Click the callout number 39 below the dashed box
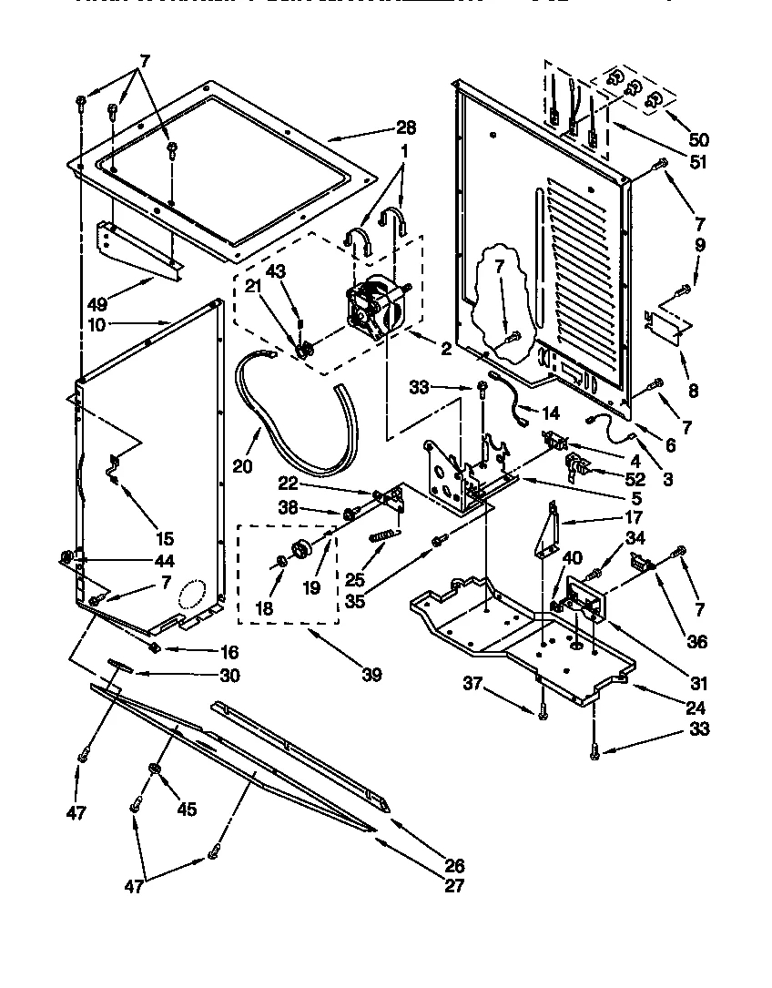click(371, 674)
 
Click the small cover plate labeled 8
click(669, 325)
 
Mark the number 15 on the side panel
click(165, 538)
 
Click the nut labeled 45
click(155, 771)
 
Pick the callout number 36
click(697, 640)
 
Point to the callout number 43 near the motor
click(276, 271)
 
